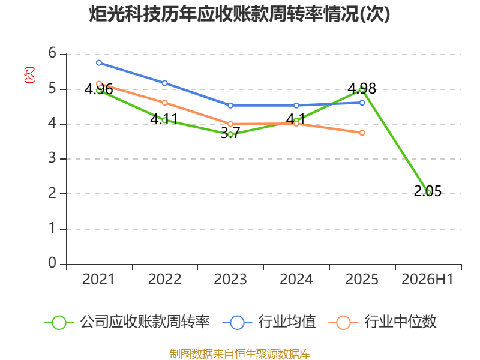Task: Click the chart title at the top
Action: (239, 14)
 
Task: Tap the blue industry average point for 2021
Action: (99, 63)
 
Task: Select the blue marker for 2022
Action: (164, 83)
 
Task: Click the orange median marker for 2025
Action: (362, 133)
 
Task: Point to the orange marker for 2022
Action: (164, 103)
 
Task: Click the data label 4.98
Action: (362, 88)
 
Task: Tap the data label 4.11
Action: (164, 119)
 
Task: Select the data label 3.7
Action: (230, 133)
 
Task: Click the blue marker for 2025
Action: (362, 103)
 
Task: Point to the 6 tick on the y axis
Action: (52, 53)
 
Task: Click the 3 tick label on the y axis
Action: (52, 158)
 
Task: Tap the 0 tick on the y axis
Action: (52, 263)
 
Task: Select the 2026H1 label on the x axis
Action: (427, 279)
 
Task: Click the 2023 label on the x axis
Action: (230, 279)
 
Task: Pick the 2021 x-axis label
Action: (98, 279)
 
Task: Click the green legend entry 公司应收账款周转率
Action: (127, 322)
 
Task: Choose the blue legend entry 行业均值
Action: (269, 322)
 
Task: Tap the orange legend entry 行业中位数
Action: (382, 322)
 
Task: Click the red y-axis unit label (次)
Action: (29, 75)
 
